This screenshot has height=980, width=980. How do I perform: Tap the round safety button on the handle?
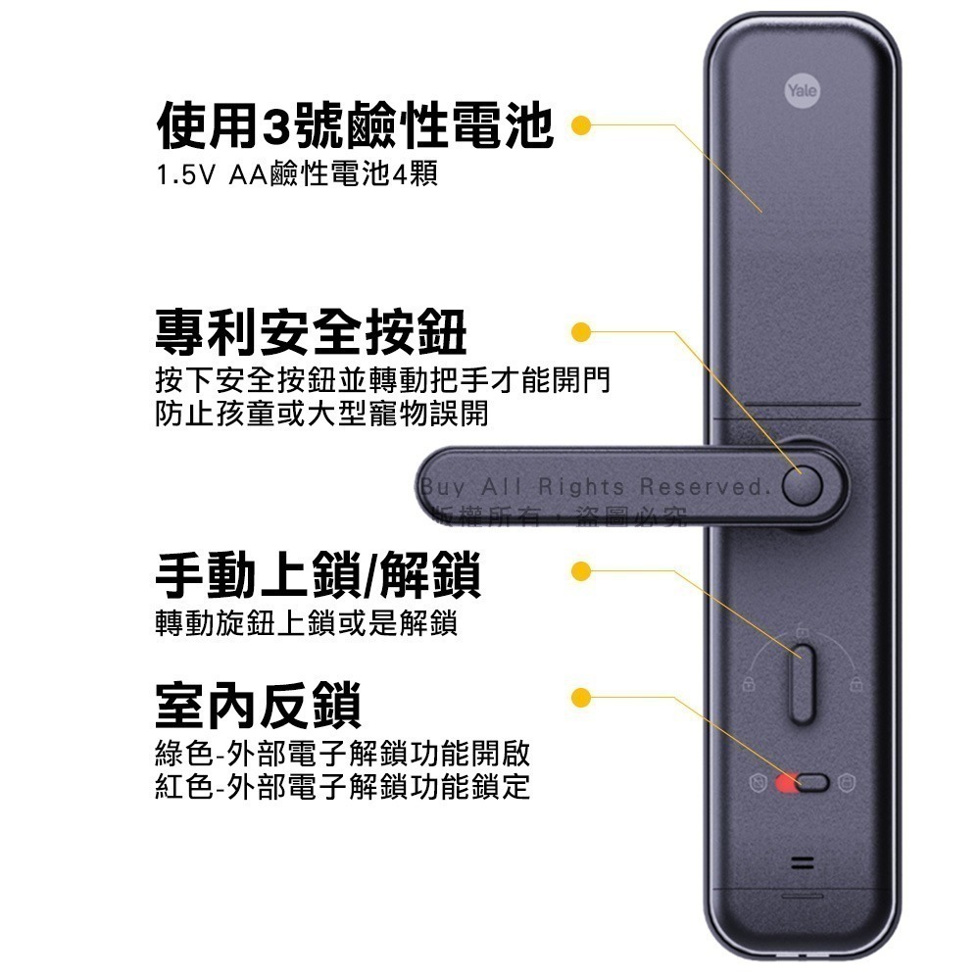[x=804, y=484]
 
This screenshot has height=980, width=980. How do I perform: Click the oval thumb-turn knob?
[x=803, y=683]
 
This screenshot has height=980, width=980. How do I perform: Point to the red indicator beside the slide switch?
[x=785, y=782]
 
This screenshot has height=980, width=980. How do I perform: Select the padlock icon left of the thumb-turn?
[x=748, y=683]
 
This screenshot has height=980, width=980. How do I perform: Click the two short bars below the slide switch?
[x=803, y=864]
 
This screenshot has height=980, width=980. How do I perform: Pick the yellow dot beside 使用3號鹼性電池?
[x=580, y=125]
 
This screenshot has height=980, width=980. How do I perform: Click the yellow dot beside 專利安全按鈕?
[x=580, y=332]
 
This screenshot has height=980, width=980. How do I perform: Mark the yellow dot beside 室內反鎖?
[x=580, y=697]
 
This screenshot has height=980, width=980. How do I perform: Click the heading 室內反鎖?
[x=259, y=704]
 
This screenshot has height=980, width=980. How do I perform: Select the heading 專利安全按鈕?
[x=312, y=332]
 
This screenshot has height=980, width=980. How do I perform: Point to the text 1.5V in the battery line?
[x=183, y=176]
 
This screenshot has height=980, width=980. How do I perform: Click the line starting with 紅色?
[x=343, y=786]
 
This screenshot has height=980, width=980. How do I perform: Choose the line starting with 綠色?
[x=343, y=755]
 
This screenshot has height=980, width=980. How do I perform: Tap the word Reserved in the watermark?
[x=702, y=486]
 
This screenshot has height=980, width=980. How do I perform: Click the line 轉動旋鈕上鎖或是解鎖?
[x=307, y=623]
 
